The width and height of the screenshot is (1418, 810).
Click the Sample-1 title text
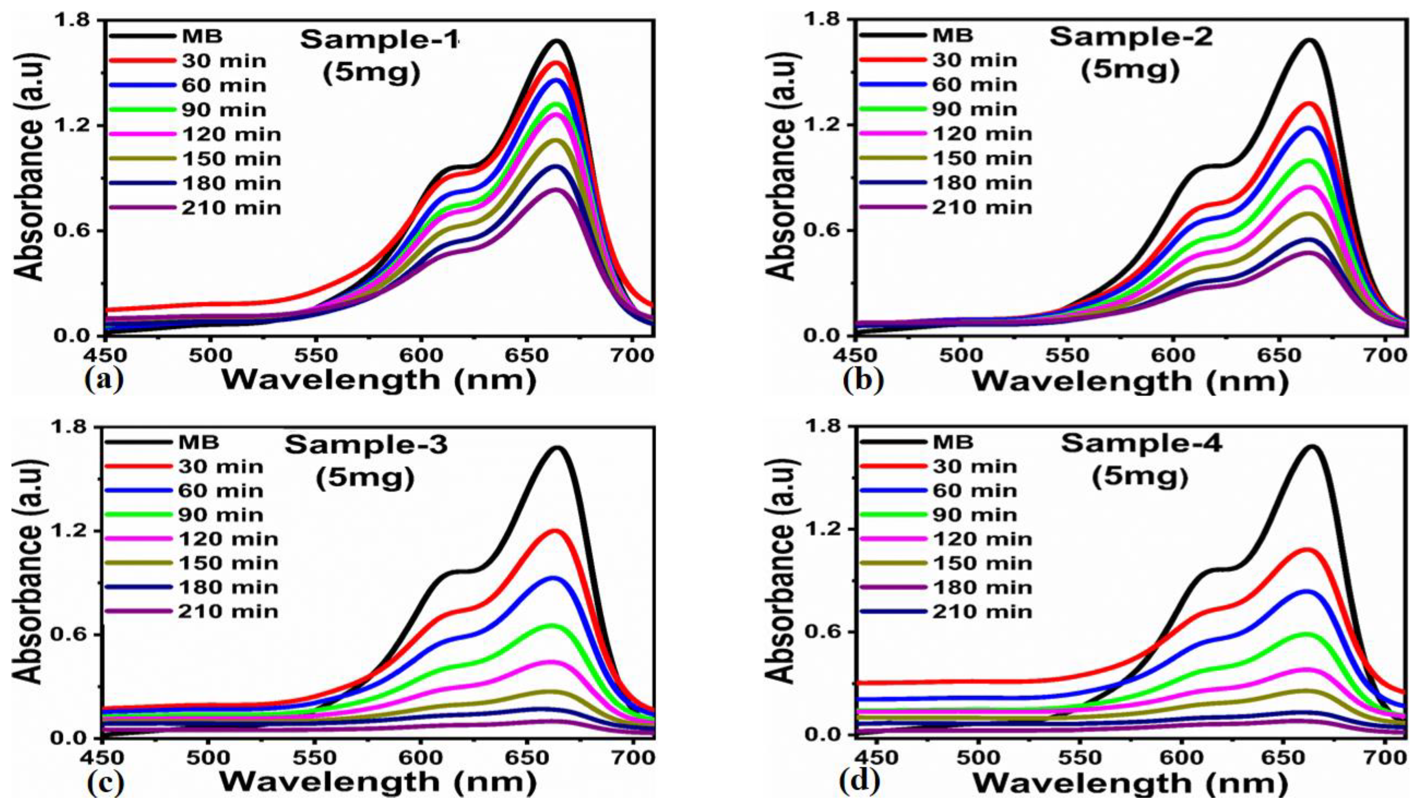(x=380, y=40)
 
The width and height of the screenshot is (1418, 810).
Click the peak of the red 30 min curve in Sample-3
(x=554, y=531)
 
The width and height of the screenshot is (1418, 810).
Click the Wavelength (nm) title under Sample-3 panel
(x=378, y=782)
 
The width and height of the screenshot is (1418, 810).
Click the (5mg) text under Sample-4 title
(x=1140, y=477)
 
